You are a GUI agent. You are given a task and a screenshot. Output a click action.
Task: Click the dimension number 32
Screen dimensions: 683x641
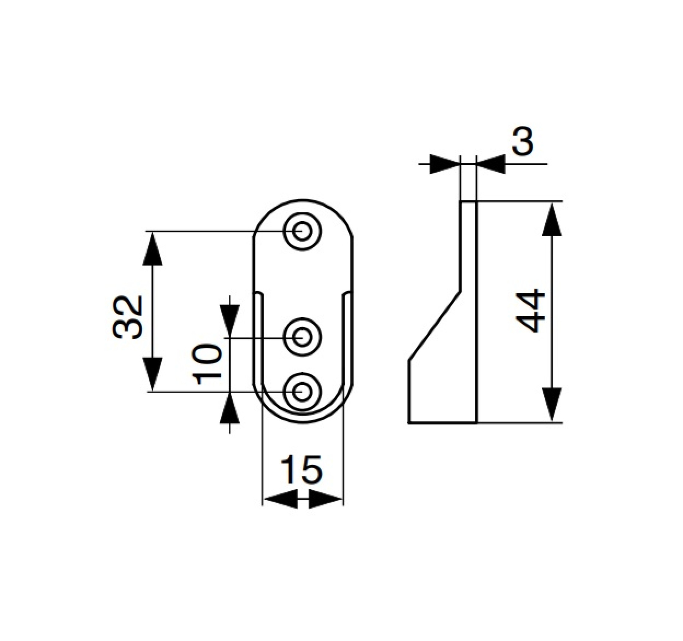pyautogui.click(x=127, y=317)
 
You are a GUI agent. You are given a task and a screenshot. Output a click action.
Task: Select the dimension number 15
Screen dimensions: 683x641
pyautogui.click(x=302, y=469)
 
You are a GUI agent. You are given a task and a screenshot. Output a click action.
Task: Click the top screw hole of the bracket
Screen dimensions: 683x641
pyautogui.click(x=302, y=231)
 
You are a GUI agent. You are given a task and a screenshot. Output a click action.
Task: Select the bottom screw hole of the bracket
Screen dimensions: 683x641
pyautogui.click(x=302, y=391)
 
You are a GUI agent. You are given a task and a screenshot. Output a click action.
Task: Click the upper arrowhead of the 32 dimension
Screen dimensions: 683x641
pyautogui.click(x=153, y=248)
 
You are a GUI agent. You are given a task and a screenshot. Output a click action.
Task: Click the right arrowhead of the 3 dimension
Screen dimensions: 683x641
pyautogui.click(x=491, y=164)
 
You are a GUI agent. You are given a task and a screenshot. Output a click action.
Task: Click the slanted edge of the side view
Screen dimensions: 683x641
pyautogui.click(x=435, y=326)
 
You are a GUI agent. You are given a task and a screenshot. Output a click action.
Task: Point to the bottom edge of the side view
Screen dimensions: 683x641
pyautogui.click(x=442, y=423)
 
